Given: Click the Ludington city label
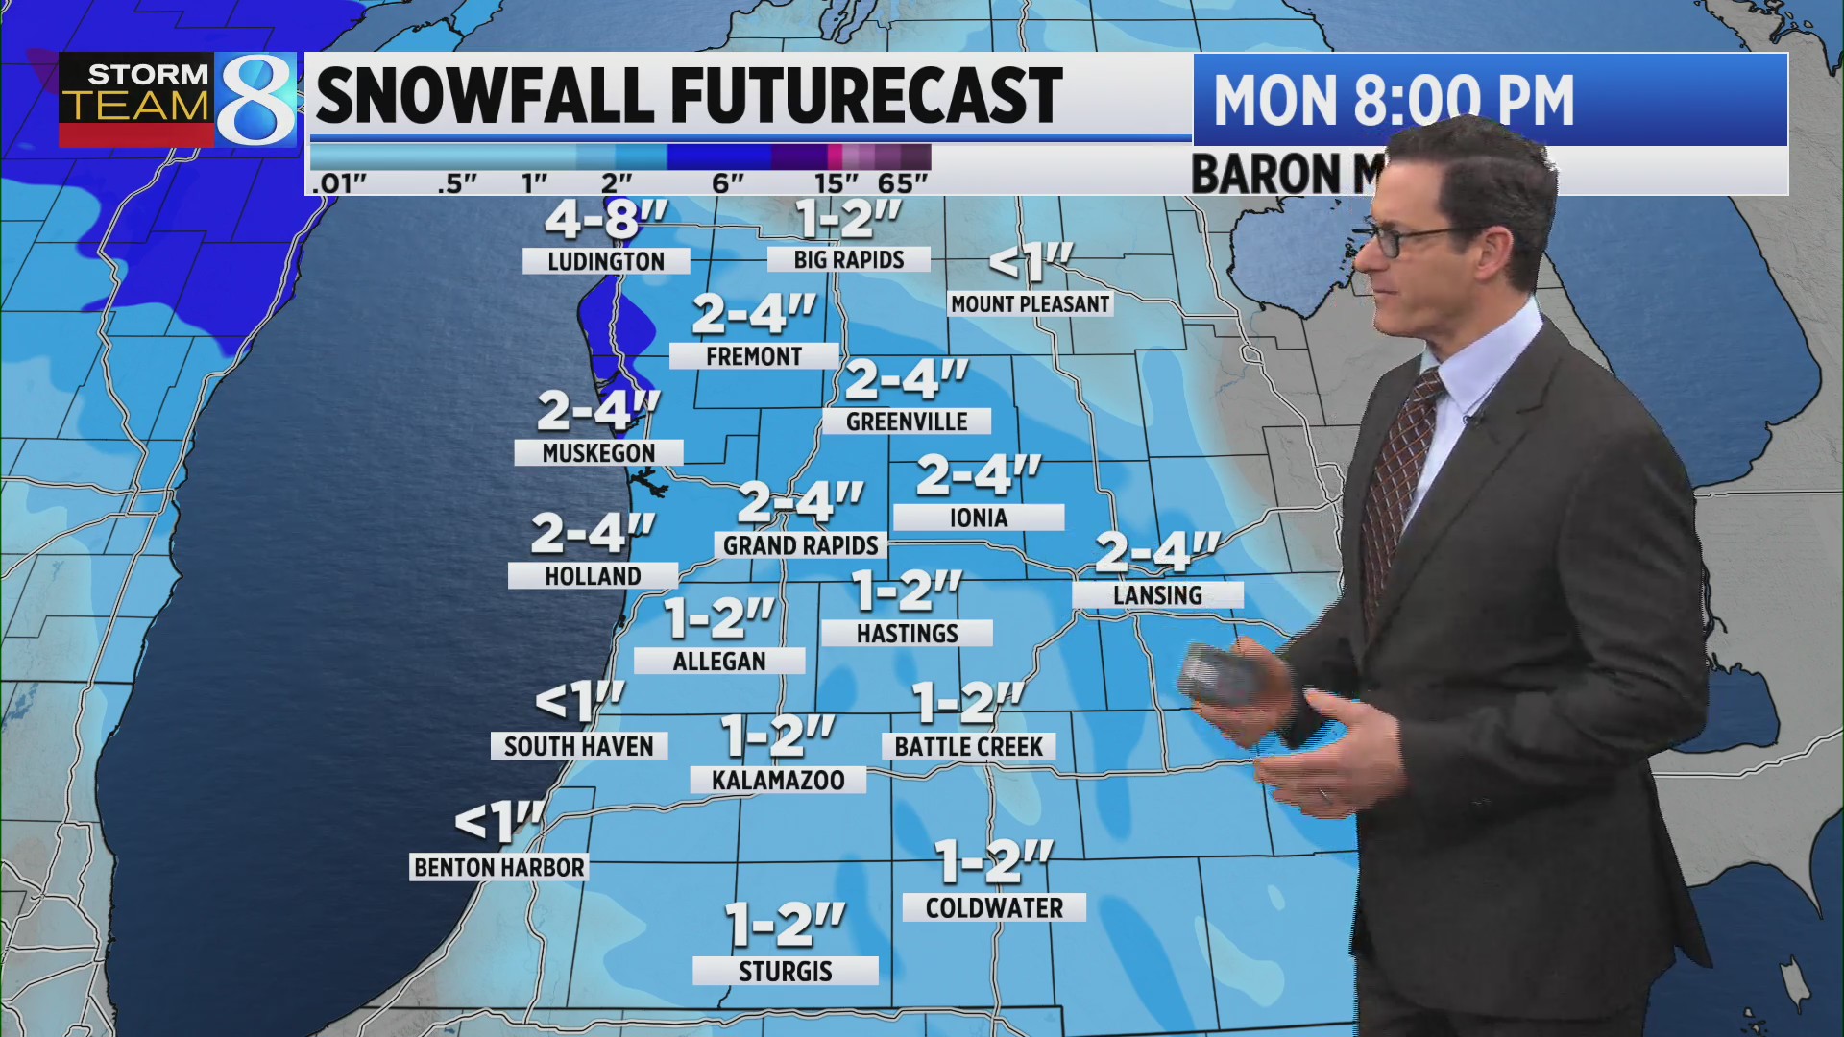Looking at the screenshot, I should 606,261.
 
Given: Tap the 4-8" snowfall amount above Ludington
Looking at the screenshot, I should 606,220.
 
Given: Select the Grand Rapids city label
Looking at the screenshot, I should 800,545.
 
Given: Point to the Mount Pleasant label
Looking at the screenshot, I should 1030,304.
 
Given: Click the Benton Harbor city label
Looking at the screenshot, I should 498,867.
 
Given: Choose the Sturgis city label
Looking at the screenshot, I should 785,971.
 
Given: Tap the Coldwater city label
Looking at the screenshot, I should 994,907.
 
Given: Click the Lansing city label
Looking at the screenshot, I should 1157,595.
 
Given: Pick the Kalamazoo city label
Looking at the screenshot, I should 778,780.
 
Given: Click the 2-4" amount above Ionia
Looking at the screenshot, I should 978,475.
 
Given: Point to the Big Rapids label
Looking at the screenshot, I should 849,259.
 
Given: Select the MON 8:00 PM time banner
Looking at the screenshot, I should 1393,100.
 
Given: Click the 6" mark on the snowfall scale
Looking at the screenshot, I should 728,182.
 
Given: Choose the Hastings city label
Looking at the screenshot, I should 907,633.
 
